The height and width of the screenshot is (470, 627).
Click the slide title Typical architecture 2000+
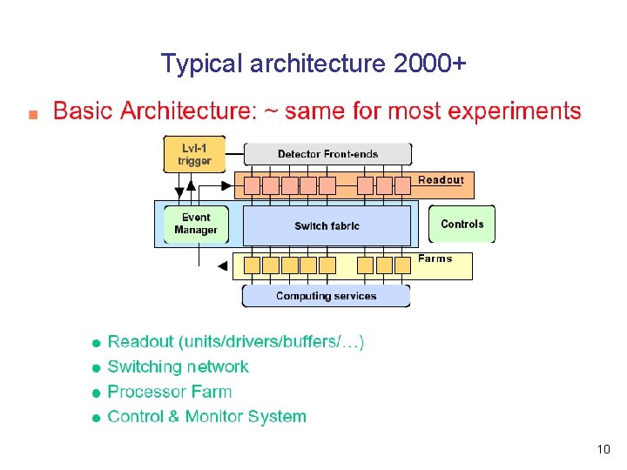[x=313, y=64]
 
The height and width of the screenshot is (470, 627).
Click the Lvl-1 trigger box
[x=194, y=154]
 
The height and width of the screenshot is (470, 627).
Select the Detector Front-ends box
[x=327, y=154]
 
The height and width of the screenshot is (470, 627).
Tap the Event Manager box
[x=195, y=225]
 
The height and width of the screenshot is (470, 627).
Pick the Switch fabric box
[x=327, y=225]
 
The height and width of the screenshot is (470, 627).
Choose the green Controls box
[x=462, y=224]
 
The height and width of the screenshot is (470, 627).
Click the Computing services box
[x=326, y=296]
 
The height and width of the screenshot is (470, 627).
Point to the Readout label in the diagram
[x=441, y=180]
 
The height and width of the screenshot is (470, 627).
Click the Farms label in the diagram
[x=435, y=258]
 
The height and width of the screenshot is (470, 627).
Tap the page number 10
[x=603, y=449]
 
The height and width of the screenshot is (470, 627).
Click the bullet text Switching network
[x=178, y=366]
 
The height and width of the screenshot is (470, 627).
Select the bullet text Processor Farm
[x=169, y=392]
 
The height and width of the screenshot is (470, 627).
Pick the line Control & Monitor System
[x=206, y=416]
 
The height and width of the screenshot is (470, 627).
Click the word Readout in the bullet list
[x=140, y=341]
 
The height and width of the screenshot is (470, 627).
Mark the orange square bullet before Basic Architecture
[x=32, y=114]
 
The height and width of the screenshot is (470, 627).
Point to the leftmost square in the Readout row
[x=252, y=185]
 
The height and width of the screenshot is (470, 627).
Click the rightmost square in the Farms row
[x=402, y=265]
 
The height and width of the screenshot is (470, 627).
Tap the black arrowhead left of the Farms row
[x=222, y=265]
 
